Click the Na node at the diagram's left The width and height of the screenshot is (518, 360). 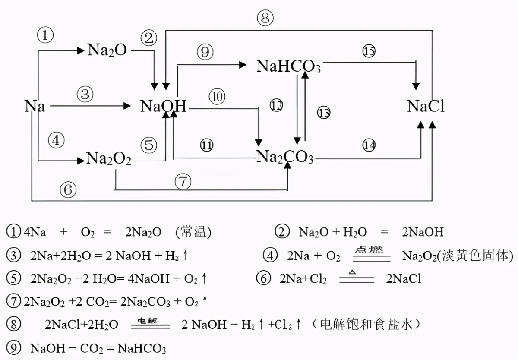click(35, 106)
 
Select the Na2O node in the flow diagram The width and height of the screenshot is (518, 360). click(107, 51)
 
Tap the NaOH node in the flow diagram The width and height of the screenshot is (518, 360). click(163, 106)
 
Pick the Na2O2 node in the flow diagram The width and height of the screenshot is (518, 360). click(108, 158)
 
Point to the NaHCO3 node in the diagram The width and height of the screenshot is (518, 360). click(288, 66)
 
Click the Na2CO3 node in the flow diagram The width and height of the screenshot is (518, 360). click(285, 158)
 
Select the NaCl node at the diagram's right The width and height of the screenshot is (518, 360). click(425, 106)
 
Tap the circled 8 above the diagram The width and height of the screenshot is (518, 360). click(265, 18)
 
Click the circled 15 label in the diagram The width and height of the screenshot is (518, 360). click(369, 51)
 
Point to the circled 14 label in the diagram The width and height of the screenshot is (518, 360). click(369, 145)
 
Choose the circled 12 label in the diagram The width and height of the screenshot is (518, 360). click(276, 105)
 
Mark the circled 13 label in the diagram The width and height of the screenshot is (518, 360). click(323, 113)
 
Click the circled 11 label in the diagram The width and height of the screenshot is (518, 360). click(207, 145)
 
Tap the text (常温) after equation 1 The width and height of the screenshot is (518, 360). click(193, 232)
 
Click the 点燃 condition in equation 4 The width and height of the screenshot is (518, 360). click(371, 250)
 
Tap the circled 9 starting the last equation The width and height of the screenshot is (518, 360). click(14, 348)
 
